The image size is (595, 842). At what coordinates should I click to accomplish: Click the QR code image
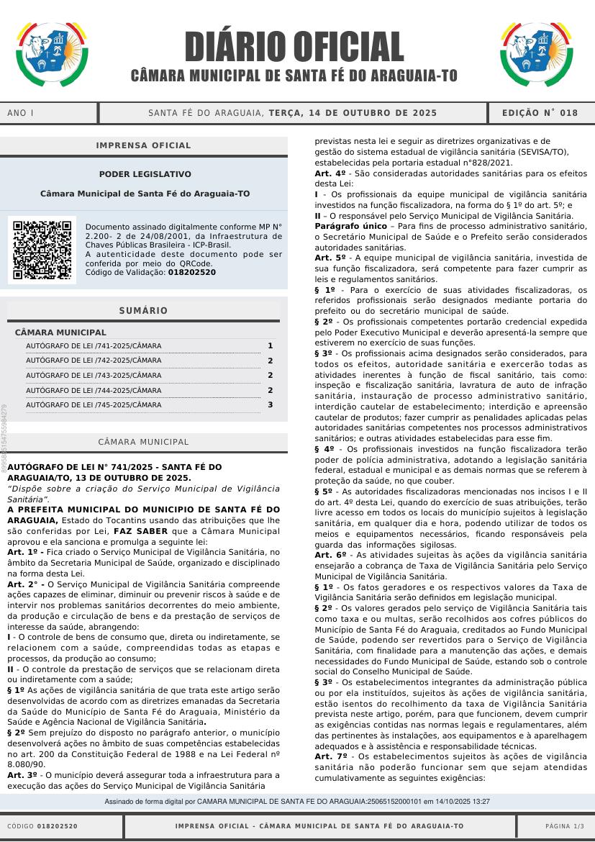(x=42, y=250)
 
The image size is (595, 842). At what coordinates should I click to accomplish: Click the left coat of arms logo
(x=52, y=54)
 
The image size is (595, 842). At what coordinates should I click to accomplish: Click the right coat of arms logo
(x=536, y=54)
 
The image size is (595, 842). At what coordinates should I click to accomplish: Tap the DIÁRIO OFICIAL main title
(x=294, y=47)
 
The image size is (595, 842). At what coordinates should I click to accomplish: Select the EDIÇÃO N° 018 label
(x=540, y=113)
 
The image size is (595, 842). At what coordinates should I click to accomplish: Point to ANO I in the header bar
(x=21, y=113)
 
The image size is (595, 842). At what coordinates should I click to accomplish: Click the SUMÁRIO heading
(x=143, y=311)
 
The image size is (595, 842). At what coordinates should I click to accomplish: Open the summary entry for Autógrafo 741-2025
(x=94, y=346)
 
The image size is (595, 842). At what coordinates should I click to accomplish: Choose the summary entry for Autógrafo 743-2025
(x=94, y=376)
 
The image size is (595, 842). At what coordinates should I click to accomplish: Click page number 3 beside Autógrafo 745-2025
(x=270, y=404)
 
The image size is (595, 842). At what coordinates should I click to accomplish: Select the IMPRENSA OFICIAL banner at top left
(x=144, y=145)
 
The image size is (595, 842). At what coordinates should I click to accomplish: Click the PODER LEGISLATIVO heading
(x=145, y=174)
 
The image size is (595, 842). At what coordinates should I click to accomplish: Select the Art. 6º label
(x=331, y=555)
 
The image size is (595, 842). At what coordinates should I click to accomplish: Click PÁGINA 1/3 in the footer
(x=565, y=826)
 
